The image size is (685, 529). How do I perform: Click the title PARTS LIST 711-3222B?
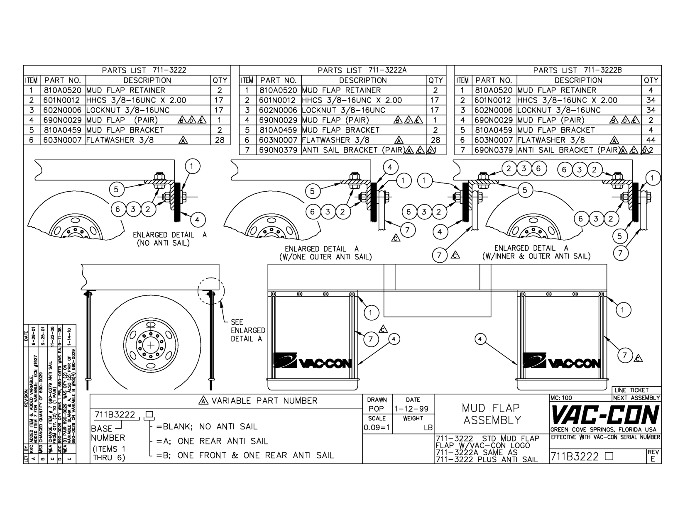577,70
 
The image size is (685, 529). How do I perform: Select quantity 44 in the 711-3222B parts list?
651,140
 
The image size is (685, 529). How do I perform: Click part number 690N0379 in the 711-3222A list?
278,150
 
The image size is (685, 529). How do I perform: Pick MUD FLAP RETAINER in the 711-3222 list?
126,90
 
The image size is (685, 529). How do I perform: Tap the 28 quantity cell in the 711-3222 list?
220,140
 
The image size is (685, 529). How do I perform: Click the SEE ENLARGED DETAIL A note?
247,330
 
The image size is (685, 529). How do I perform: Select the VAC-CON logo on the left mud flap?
312,361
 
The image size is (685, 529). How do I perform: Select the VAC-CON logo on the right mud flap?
561,361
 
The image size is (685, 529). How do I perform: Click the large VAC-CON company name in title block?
605,414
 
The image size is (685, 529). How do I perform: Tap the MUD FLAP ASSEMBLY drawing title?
492,414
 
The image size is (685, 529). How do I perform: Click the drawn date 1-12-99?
412,409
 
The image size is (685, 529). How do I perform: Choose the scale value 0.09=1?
377,427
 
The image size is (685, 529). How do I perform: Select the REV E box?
653,456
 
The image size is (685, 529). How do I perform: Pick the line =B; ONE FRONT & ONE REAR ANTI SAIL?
245,455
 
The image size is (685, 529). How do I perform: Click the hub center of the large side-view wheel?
151,345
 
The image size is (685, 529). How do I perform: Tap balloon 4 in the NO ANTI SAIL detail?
197,220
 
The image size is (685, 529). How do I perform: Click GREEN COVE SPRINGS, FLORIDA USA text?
603,429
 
